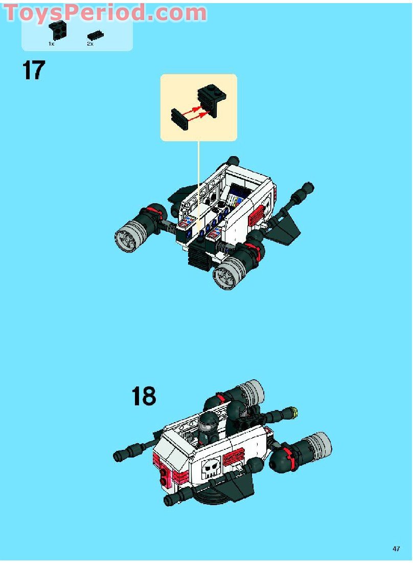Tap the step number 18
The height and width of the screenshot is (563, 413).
tap(144, 396)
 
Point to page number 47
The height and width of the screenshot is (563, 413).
tap(396, 549)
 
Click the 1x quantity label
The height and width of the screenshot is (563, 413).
tap(51, 44)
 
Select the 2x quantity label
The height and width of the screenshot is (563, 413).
tap(90, 44)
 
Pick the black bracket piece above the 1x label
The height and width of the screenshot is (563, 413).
tap(58, 30)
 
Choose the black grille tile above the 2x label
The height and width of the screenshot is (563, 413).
tap(96, 35)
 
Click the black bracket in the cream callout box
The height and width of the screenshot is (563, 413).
tap(212, 100)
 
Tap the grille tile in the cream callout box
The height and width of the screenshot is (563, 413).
tap(180, 119)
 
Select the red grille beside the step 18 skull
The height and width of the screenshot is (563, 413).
tap(234, 457)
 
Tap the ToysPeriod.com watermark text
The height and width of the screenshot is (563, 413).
tap(105, 13)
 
